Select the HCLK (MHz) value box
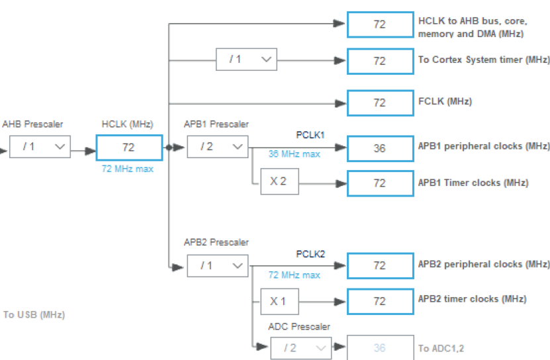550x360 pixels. (x=128, y=148)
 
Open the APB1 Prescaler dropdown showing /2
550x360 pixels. (x=217, y=147)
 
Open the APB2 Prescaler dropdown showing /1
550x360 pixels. (x=217, y=266)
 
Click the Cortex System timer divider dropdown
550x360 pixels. (x=246, y=60)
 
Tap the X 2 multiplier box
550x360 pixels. (x=279, y=181)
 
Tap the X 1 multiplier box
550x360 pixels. (x=279, y=300)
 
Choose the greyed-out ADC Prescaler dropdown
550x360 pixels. (x=300, y=347)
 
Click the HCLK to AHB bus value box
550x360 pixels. (x=379, y=24)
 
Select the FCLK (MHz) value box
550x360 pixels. (x=379, y=103)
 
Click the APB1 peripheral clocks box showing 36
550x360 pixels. (x=379, y=148)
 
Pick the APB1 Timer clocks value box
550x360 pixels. (x=379, y=183)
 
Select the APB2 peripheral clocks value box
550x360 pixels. (x=379, y=265)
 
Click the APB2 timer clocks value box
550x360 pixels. (x=379, y=301)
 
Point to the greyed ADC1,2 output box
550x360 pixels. (x=379, y=348)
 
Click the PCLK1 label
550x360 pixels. (x=310, y=135)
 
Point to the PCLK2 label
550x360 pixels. (x=310, y=254)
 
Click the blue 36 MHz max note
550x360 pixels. (x=294, y=154)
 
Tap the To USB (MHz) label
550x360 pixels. (x=34, y=315)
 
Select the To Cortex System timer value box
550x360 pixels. (x=379, y=60)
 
